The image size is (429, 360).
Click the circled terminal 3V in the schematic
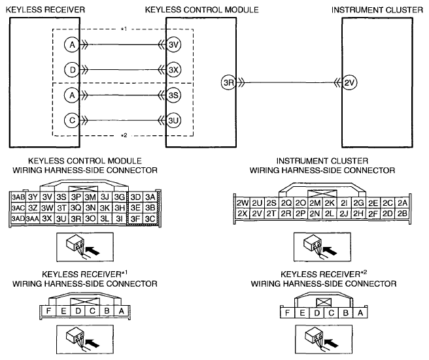click(173, 44)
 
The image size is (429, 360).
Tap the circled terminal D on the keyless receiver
click(72, 70)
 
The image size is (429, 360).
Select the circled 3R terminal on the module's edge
click(228, 82)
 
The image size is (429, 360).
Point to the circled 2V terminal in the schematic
click(349, 82)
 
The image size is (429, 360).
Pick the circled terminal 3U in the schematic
click(173, 121)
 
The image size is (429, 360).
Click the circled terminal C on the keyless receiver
click(72, 121)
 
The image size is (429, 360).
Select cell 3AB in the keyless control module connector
click(18, 197)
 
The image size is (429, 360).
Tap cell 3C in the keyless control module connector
click(150, 219)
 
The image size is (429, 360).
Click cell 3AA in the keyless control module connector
click(33, 219)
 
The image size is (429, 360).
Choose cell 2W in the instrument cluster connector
click(243, 203)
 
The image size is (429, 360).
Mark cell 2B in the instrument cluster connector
click(402, 214)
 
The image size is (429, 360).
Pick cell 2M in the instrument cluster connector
click(315, 203)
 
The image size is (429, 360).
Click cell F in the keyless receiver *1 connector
click(48, 311)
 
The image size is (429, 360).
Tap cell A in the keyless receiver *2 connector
click(360, 313)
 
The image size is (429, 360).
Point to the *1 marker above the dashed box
click(124, 29)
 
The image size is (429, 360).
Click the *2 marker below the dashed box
click(124, 135)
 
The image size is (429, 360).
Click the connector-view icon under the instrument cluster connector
click(322, 247)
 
